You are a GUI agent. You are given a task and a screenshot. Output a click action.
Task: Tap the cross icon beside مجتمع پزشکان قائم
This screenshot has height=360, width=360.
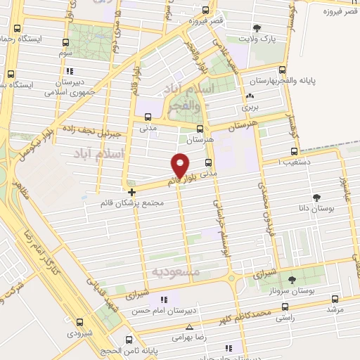pyautogui.click(x=131, y=191)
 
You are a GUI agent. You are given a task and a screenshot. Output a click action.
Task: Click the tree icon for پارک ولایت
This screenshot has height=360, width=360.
pyautogui.click(x=256, y=29)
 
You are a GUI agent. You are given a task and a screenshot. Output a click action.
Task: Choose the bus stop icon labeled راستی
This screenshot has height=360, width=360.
pyautogui.click(x=285, y=307)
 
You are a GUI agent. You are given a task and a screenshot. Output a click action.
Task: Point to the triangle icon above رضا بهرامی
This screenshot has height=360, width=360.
pyautogui.click(x=189, y=326)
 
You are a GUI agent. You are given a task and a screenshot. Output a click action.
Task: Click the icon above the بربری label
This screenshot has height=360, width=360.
pyautogui.click(x=250, y=97)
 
